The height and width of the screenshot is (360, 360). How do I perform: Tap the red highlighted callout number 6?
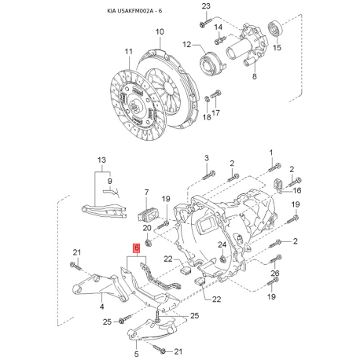click(137, 248)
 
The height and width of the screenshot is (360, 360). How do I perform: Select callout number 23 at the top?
click(207, 7)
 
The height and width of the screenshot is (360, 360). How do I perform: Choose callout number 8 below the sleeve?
click(254, 77)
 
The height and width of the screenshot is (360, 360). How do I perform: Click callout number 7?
click(145, 193)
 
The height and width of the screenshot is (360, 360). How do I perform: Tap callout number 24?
click(222, 246)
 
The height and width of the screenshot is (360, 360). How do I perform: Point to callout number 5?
click(136, 343)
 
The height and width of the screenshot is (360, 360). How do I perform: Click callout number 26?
click(274, 273)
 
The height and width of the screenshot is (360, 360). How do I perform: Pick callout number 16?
click(297, 190)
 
